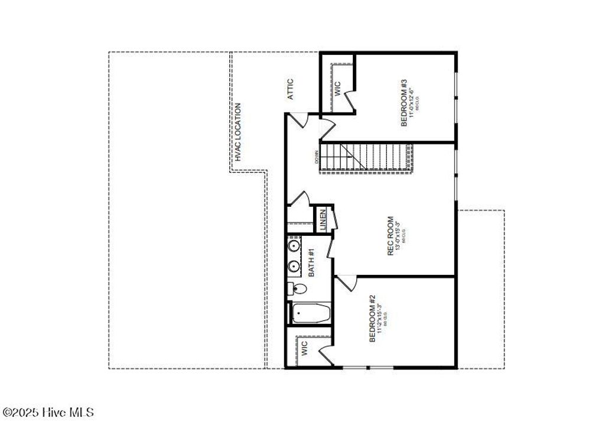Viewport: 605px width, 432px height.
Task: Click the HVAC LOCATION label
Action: pos(238,132)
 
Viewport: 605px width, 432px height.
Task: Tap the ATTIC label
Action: pos(290,89)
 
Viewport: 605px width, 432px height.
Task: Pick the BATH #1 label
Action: pos(311,263)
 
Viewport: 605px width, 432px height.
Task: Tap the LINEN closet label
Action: pos(323,220)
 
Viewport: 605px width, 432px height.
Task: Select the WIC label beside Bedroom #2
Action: pos(304,347)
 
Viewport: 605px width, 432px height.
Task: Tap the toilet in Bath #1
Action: pos(297,289)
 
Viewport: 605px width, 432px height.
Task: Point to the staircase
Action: pos(366,157)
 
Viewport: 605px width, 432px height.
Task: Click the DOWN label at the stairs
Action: pos(317,157)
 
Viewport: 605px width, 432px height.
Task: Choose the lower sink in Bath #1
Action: pos(294,267)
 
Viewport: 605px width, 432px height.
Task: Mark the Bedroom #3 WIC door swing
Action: pos(350,98)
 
